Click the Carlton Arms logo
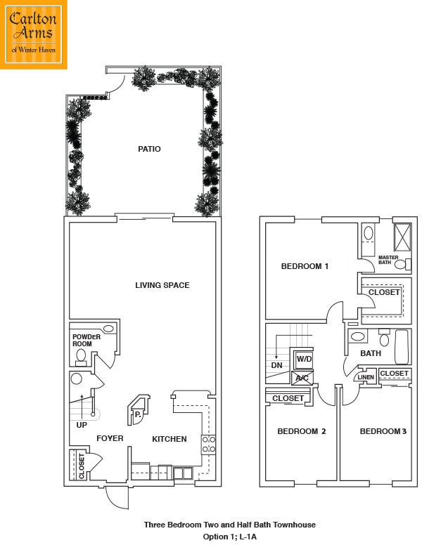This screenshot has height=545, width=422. [34, 34]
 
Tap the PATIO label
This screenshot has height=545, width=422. [149, 149]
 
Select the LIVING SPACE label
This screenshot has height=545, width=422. [162, 285]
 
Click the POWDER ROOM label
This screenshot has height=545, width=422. [87, 341]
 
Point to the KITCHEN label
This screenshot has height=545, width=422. [170, 439]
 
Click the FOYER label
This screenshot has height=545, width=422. [110, 439]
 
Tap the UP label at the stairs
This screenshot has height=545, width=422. [82, 425]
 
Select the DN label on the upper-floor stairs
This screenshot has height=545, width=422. [276, 365]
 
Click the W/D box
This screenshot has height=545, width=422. [304, 360]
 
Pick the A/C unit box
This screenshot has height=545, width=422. [302, 378]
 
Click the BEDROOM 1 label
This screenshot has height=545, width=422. [305, 266]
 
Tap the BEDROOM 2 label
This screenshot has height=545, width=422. [301, 431]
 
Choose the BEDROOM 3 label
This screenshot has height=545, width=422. [383, 431]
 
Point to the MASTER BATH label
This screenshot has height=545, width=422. [388, 260]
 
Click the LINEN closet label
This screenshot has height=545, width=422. [366, 378]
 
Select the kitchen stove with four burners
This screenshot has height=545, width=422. [209, 445]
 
